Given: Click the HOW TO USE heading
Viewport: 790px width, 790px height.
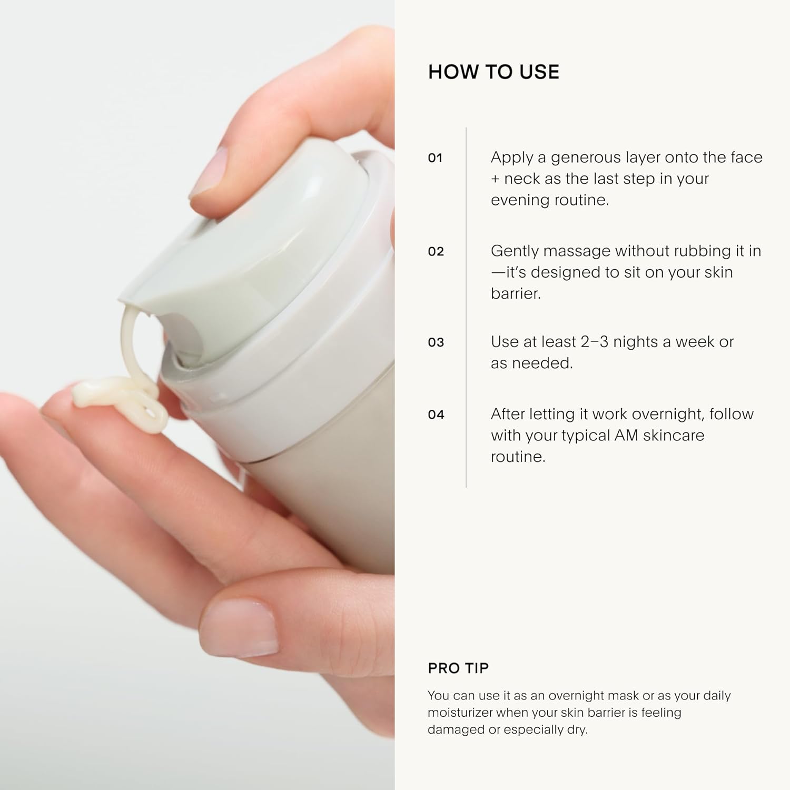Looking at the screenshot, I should click(493, 72).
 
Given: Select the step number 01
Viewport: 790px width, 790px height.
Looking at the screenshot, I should click(435, 158).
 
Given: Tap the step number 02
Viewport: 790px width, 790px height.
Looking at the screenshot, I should click(436, 252).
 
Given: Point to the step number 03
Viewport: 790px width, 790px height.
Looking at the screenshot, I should click(436, 343).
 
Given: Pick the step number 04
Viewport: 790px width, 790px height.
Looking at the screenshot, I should click(436, 415).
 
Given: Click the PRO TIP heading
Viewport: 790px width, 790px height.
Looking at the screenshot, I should click(458, 668).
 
